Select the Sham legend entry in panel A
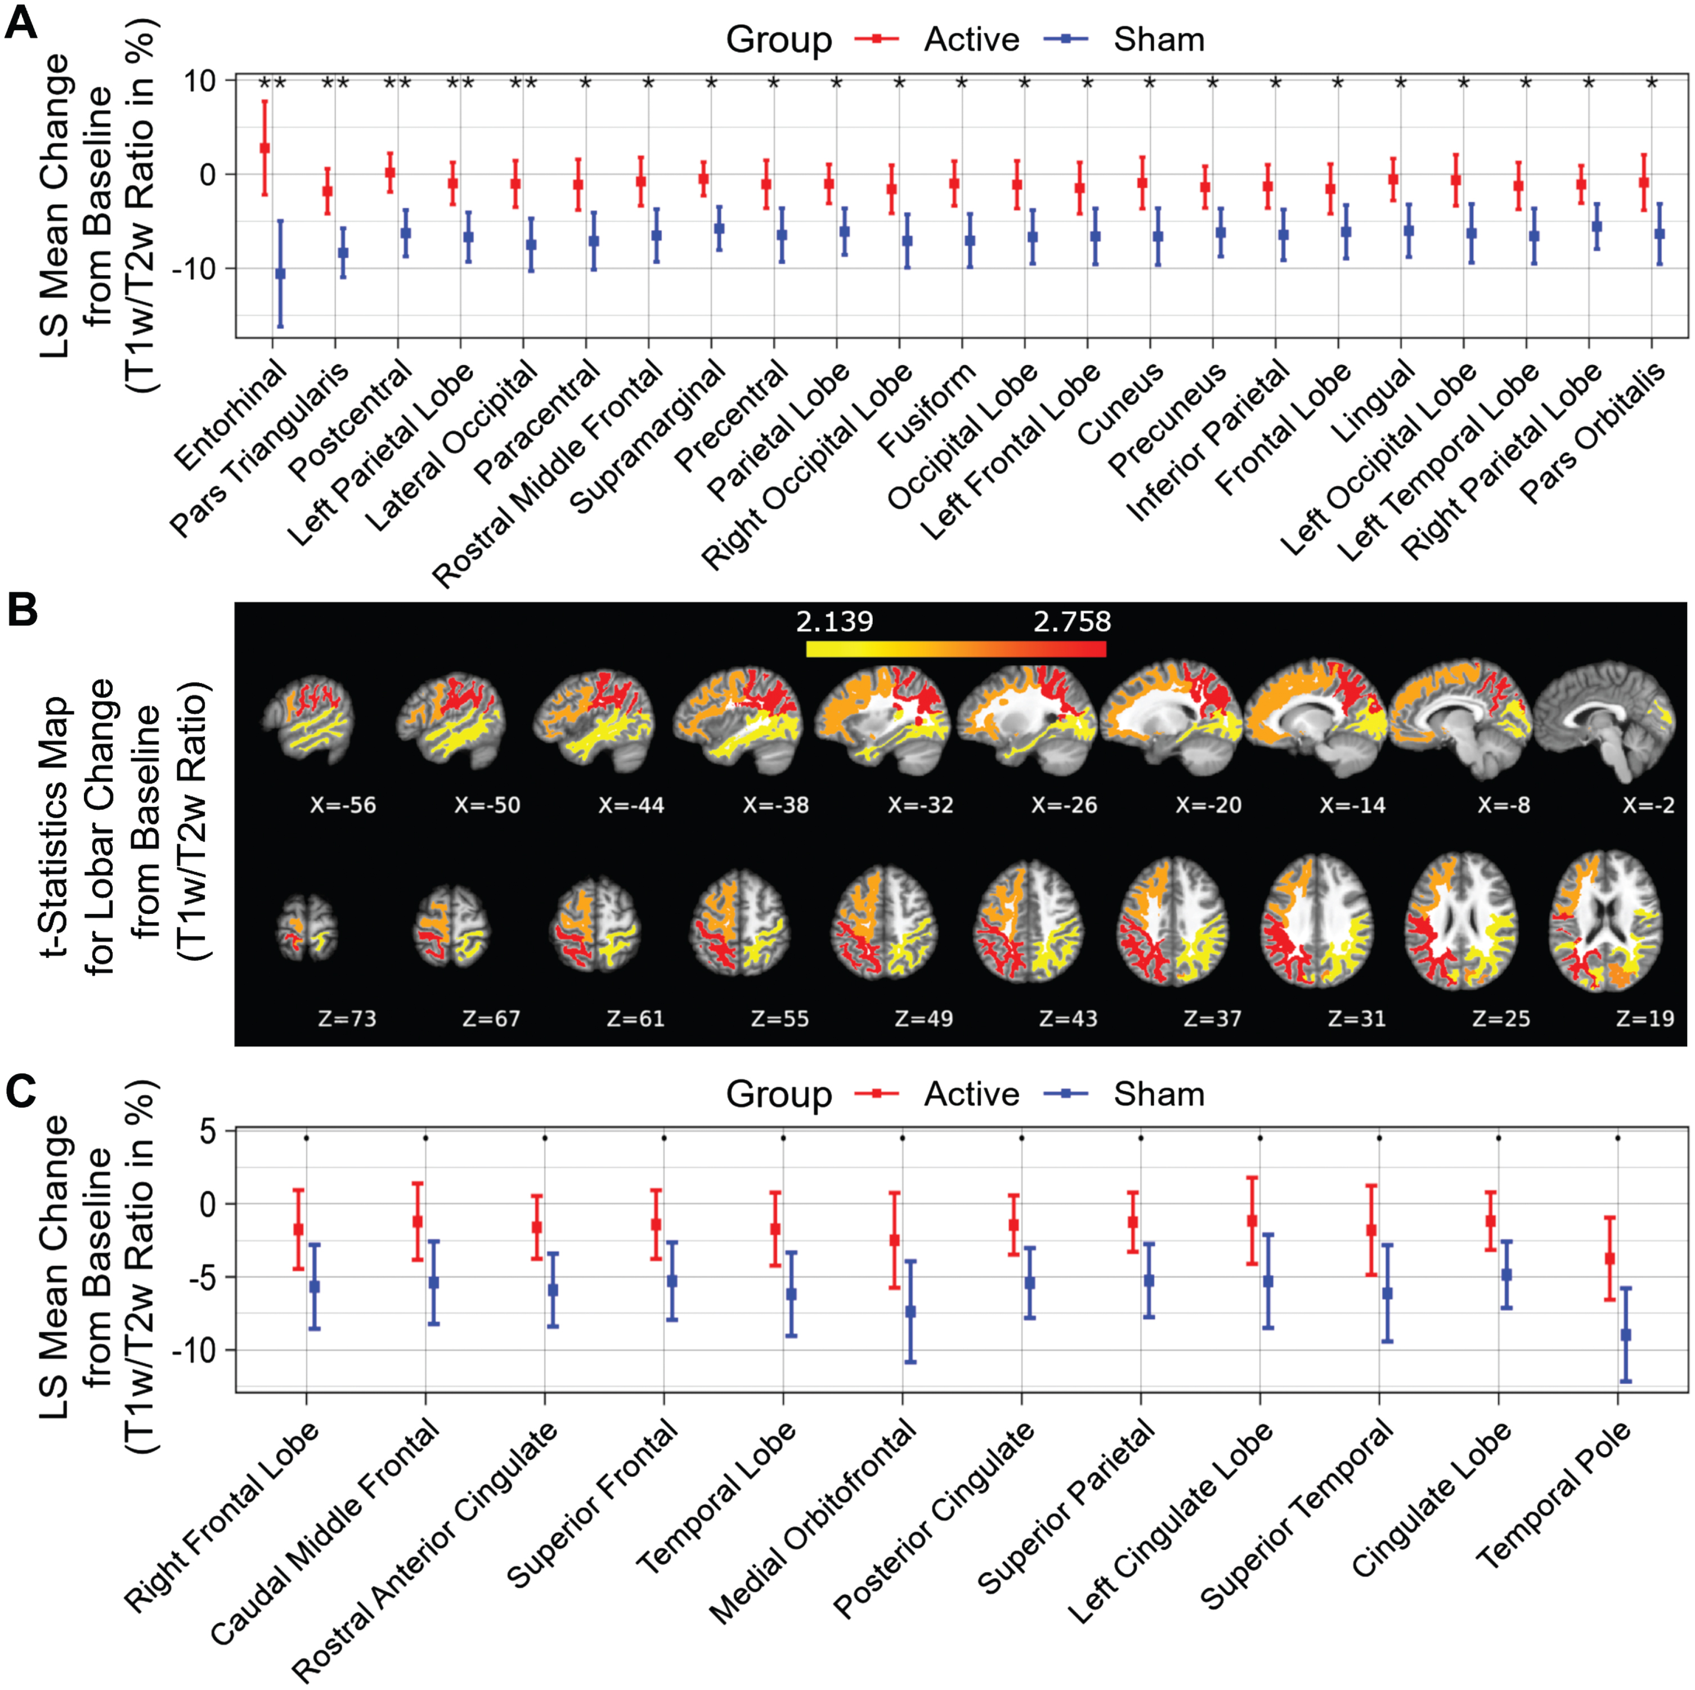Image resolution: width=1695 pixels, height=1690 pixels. pos(1124,39)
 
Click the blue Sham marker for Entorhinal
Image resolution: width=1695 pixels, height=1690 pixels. pos(281,274)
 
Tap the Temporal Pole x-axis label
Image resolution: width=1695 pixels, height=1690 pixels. pos(1553,1495)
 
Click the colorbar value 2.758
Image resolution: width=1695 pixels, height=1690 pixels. pos(1072,621)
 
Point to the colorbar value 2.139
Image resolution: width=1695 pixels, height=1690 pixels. pos(835,621)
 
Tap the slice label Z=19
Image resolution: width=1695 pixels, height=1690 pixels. pos(1645,1018)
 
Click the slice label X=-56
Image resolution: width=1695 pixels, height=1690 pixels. pos(343,805)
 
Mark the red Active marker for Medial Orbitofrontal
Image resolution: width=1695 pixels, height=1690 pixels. pos(895,1240)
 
